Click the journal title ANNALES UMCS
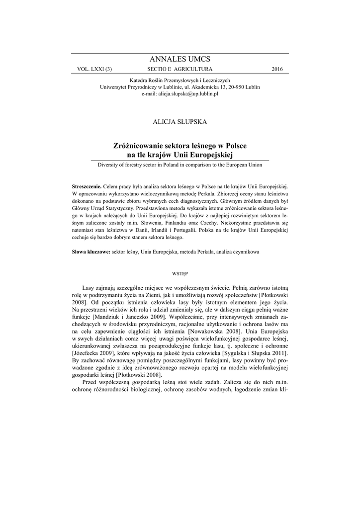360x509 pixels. (180, 59)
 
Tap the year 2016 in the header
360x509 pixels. (277, 69)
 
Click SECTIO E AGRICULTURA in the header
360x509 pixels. (180, 69)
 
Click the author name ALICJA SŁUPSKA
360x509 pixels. (180, 121)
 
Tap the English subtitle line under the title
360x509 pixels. (180, 165)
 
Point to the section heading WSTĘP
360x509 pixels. (180, 273)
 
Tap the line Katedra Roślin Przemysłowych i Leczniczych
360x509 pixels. (180, 80)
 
